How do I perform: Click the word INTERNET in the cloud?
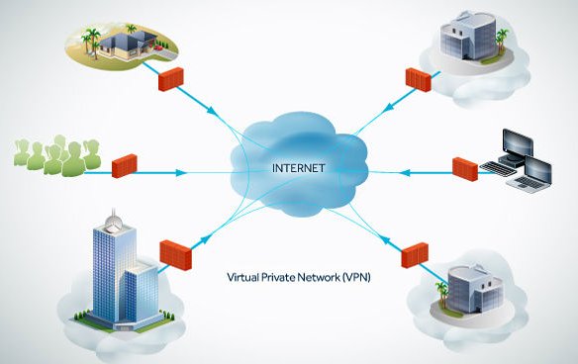(298, 168)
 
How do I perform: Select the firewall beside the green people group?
(125, 164)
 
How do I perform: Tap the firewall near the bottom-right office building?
(414, 256)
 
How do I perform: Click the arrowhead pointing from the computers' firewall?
(400, 172)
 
